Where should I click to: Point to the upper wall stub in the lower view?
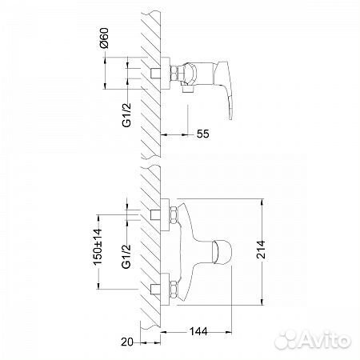click(x=156, y=213)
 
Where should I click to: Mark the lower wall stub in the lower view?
click(x=156, y=286)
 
